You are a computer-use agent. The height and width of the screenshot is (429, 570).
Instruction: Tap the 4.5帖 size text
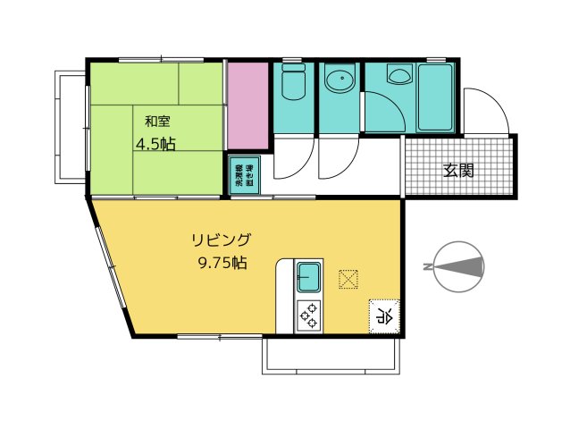pos(155,144)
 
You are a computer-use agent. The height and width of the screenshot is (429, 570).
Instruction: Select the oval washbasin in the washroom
pos(339,82)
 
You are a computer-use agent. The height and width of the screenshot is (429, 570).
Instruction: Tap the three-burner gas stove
pos(309,315)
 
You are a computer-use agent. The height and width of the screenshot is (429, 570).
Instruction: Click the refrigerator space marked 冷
pos(384,315)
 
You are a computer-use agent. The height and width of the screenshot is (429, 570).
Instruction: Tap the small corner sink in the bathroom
pos(398,76)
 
